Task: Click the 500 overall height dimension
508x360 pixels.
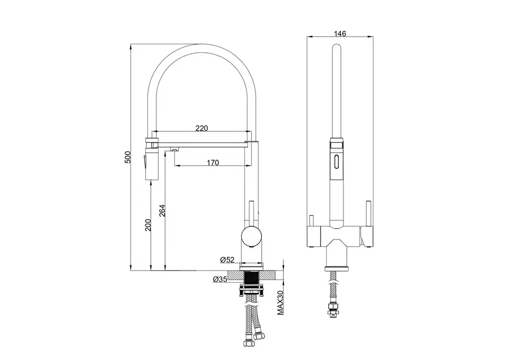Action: coord(128,158)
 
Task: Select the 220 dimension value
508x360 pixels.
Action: coord(202,129)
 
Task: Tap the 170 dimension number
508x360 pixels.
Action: coord(212,163)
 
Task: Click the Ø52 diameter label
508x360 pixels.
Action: coord(227,260)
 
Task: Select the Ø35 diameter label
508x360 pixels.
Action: coord(220,279)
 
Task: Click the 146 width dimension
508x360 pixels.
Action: coord(340,34)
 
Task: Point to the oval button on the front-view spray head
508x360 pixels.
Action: coord(336,164)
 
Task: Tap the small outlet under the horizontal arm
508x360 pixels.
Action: coord(174,149)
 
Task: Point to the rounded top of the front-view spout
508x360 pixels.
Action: coord(336,48)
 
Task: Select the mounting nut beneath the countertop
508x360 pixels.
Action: coord(252,291)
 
